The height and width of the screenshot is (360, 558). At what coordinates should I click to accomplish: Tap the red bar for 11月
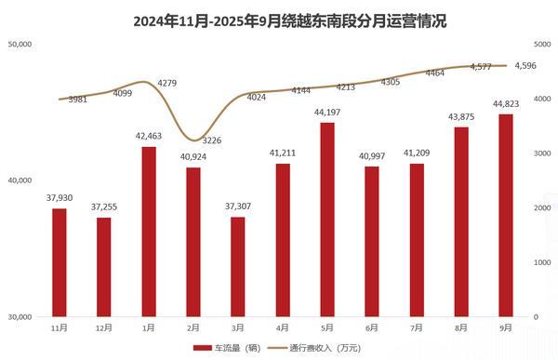60,262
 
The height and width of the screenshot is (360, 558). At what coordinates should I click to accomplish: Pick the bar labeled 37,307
237,267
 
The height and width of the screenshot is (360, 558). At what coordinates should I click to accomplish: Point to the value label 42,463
148,138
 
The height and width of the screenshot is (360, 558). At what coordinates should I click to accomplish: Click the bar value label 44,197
327,113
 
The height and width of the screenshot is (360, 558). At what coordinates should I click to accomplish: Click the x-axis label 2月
193,327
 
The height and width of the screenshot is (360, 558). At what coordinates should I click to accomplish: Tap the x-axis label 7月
417,327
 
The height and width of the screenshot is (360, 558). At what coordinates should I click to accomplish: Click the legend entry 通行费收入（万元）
316,347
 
